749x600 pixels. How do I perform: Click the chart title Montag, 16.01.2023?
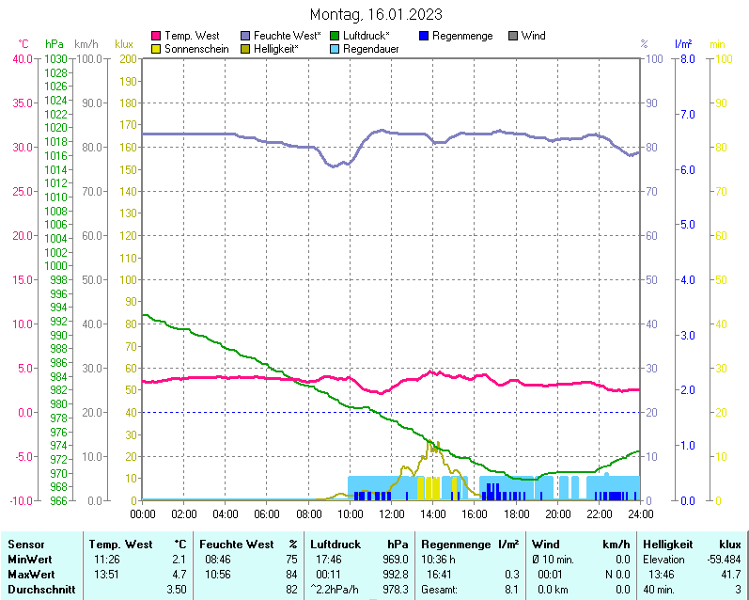click(x=375, y=15)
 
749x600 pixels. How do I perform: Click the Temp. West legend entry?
click(x=191, y=36)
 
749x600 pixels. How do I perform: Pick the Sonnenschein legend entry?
click(x=195, y=48)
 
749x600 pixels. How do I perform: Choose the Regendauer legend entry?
click(x=375, y=48)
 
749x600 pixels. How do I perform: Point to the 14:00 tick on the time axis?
click(x=432, y=513)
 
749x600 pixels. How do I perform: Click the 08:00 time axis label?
click(x=308, y=513)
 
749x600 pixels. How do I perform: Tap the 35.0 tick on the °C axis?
click(x=22, y=103)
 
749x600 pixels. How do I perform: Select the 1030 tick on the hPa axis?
click(x=55, y=59)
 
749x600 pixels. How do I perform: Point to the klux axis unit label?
click(x=124, y=44)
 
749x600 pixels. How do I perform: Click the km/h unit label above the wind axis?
click(x=86, y=44)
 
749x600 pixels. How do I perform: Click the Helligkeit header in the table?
click(x=667, y=544)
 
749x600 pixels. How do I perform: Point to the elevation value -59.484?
click(x=721, y=559)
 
